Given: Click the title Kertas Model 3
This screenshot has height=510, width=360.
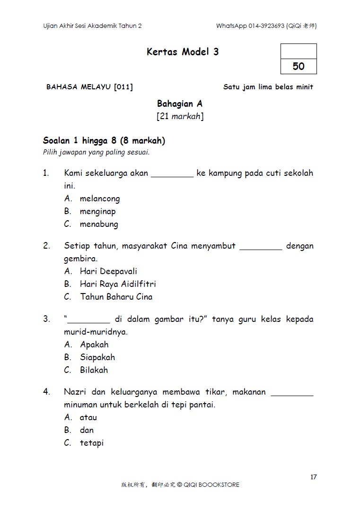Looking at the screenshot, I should [183, 52].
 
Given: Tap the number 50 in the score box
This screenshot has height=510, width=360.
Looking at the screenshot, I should [299, 66].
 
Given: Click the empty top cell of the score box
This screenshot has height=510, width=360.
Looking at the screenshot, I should [299, 51].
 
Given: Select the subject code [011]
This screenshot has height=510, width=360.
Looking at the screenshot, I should [123, 87].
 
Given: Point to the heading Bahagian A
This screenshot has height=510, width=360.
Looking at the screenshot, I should [180, 104].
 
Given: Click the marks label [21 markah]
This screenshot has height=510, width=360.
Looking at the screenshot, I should [180, 116].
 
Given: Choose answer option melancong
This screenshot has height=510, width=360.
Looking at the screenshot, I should [99, 199].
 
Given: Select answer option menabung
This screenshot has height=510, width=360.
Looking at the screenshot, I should [98, 224].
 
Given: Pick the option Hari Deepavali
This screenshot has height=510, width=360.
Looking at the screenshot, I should [108, 271].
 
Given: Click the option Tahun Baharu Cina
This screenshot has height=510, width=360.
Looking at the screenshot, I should [116, 297].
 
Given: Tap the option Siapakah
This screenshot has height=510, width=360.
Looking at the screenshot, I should [97, 357].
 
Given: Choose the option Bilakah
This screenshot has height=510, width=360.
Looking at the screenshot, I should [94, 370].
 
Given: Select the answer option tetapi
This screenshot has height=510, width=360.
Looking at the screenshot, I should [92, 443].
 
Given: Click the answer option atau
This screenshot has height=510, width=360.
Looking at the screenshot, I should [88, 417].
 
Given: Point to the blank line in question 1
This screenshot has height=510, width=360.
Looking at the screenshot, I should [172, 176].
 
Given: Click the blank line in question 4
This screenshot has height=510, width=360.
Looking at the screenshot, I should [292, 395].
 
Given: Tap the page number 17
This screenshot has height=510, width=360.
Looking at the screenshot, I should [314, 477].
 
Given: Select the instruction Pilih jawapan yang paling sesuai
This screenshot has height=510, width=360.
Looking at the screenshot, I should [96, 152].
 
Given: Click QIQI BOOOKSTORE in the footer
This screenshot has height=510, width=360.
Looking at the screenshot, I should [211, 484].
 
